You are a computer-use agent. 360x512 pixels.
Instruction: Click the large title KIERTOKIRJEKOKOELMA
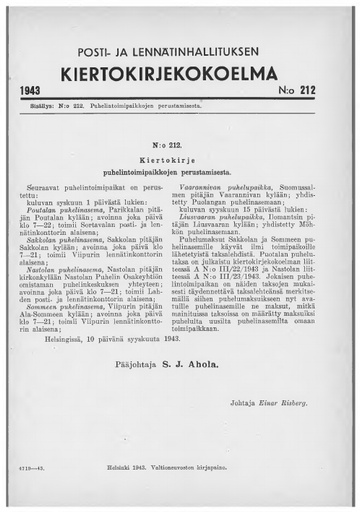(180, 73)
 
